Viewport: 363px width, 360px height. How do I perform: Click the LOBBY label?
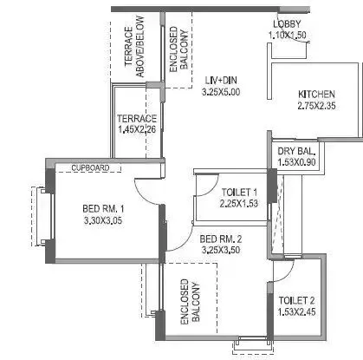pyautogui.click(x=287, y=23)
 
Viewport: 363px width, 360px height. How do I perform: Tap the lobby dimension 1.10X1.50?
pyautogui.click(x=287, y=35)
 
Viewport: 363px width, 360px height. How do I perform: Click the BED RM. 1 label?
pyautogui.click(x=104, y=208)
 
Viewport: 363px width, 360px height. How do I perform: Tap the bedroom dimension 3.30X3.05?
pyautogui.click(x=104, y=220)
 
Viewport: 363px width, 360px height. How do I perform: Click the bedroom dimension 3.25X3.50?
pyautogui.click(x=220, y=250)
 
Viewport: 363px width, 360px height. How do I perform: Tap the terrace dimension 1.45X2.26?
pyautogui.click(x=137, y=129)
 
